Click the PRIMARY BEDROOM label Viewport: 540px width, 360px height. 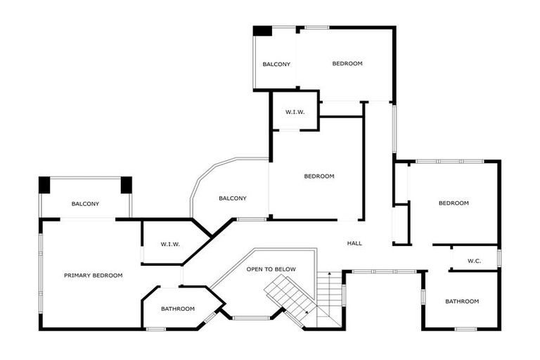tap(93, 276)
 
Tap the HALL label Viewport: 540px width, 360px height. tap(354, 243)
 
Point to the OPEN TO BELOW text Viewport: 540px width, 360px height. tap(271, 269)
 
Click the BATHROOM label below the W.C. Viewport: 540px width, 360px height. tap(462, 302)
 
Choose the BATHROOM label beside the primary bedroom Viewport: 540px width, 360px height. tap(178, 309)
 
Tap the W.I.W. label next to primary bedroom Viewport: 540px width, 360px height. tap(170, 244)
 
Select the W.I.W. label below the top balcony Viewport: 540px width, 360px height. tap(294, 112)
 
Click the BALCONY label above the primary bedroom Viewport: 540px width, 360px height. tap(85, 204)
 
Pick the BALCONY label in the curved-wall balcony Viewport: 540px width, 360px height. tap(232, 198)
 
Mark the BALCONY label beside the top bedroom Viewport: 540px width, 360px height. tap(276, 65)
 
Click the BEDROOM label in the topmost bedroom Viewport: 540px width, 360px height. tap(347, 64)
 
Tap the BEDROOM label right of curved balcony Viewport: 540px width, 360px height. tap(319, 176)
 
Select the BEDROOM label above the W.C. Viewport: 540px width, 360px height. tap(453, 203)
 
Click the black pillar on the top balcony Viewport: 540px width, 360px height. tap(262, 31)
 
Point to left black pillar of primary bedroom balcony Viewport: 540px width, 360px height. tap(44, 184)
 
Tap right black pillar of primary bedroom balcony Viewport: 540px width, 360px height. tap(126, 184)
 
